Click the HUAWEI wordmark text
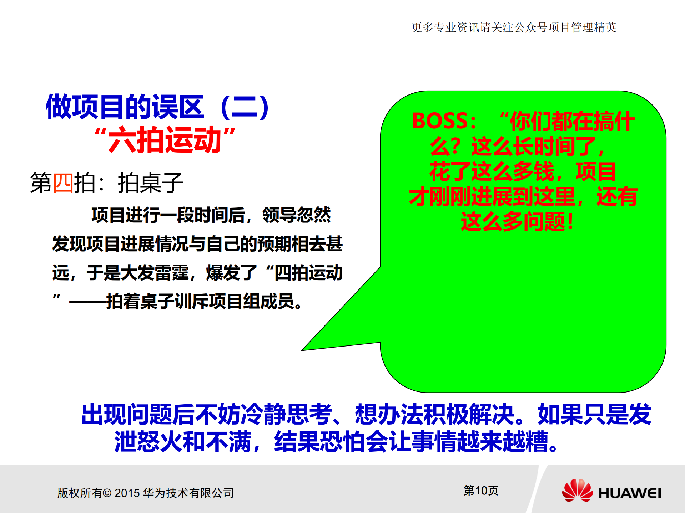[629, 493]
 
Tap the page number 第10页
[480, 491]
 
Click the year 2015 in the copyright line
[127, 493]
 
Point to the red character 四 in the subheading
[63, 183]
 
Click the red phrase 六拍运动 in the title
[165, 140]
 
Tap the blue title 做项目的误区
[125, 107]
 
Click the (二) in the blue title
[245, 107]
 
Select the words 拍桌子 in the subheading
[150, 183]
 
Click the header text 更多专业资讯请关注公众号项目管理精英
[513, 27]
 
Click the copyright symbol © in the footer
[107, 493]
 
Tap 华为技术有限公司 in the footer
[188, 493]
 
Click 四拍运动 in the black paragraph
[308, 273]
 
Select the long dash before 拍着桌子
[87, 302]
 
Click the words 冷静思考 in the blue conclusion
[286, 415]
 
